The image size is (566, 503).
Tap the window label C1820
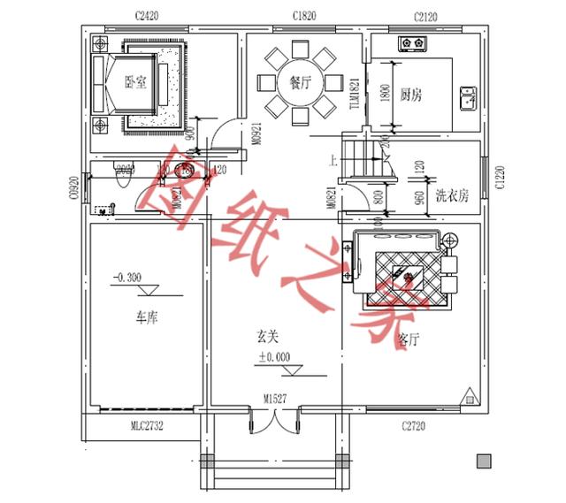pyautogui.click(x=307, y=16)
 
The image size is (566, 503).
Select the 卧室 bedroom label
pyautogui.click(x=134, y=82)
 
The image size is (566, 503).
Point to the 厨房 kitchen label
pyautogui.click(x=409, y=94)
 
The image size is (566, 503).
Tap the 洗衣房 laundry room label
pyautogui.click(x=451, y=195)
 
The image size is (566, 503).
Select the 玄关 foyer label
pyautogui.click(x=268, y=337)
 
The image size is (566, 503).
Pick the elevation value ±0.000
pyautogui.click(x=275, y=356)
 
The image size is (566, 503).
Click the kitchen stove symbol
pyautogui.click(x=412, y=42)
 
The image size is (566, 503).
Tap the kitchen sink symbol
pyautogui.click(x=468, y=96)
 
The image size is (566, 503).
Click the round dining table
pyautogui.click(x=301, y=83)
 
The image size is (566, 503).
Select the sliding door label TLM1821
pyautogui.click(x=355, y=94)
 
